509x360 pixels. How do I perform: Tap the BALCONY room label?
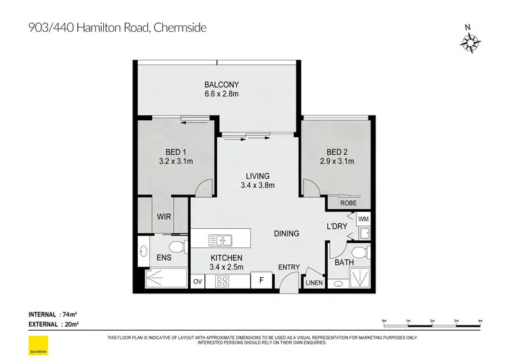pos(221,85)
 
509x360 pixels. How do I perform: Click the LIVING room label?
pos(258,175)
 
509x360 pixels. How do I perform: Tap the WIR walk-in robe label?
pos(163,217)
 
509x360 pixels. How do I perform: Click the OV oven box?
pos(198,281)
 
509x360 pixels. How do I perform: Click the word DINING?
pos(286,234)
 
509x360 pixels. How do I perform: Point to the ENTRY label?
pos(289,267)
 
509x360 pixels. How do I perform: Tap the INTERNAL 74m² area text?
pos(51,314)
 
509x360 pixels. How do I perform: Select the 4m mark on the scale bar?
pos(480,320)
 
